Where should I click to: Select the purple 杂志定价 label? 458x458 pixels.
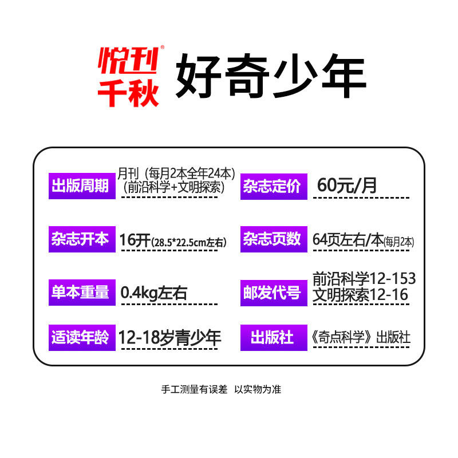point(272,186)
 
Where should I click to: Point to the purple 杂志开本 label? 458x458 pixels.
point(80,239)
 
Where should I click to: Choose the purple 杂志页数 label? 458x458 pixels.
point(272,239)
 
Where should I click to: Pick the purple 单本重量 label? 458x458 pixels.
point(80,292)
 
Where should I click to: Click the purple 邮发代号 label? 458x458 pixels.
point(272,293)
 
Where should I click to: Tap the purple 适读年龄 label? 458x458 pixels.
point(80,338)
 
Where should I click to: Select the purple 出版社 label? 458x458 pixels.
point(272,338)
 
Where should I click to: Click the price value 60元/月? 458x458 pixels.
point(348,185)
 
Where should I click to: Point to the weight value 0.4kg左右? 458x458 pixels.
point(154,293)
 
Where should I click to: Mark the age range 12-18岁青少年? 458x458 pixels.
point(170,338)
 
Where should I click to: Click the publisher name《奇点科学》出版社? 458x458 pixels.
point(361,338)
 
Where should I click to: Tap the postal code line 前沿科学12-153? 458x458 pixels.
point(364,279)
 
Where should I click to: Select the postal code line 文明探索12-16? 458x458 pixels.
point(360,295)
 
